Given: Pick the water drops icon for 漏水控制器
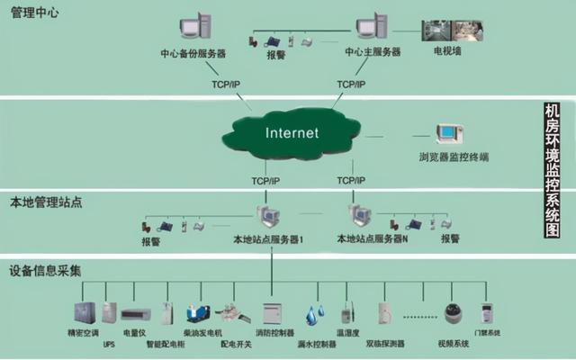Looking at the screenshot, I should point(314,314).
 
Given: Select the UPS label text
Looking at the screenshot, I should point(109,344).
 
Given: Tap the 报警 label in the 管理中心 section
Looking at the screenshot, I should point(276,54).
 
